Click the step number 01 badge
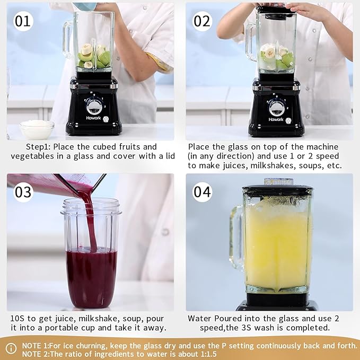(x=23, y=21)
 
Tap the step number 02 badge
(x=202, y=21)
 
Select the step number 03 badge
(x=23, y=192)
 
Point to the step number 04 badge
(x=202, y=192)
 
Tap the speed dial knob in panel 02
(x=277, y=108)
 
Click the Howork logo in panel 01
(x=93, y=118)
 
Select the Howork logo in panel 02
(x=276, y=119)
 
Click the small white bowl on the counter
(x=37, y=129)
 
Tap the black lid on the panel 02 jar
(x=276, y=12)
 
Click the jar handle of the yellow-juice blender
(x=236, y=238)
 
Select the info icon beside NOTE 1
(x=11, y=348)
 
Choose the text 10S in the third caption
(x=17, y=319)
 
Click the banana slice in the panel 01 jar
(x=86, y=49)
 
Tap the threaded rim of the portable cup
(x=91, y=207)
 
